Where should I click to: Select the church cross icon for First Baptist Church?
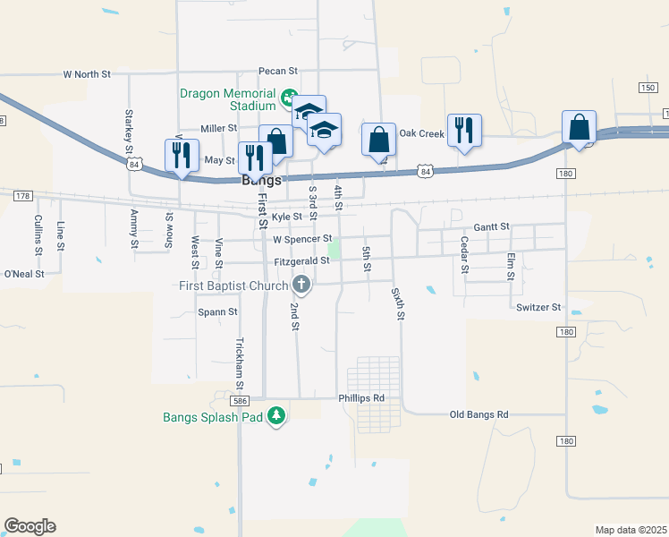[x=301, y=286]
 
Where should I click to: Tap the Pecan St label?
[x=277, y=70]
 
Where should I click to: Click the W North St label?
[x=86, y=74]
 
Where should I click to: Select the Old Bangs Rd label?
[x=478, y=414]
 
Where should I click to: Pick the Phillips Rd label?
[x=361, y=397]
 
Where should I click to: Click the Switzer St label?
[x=538, y=307]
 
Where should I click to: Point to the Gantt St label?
[x=492, y=227]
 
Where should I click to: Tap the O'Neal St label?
[x=24, y=274]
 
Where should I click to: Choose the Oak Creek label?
[x=421, y=133]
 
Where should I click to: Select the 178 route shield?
[x=23, y=195]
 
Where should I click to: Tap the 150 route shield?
[x=647, y=87]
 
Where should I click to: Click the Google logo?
[x=30, y=526]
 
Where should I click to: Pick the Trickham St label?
[x=239, y=362]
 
